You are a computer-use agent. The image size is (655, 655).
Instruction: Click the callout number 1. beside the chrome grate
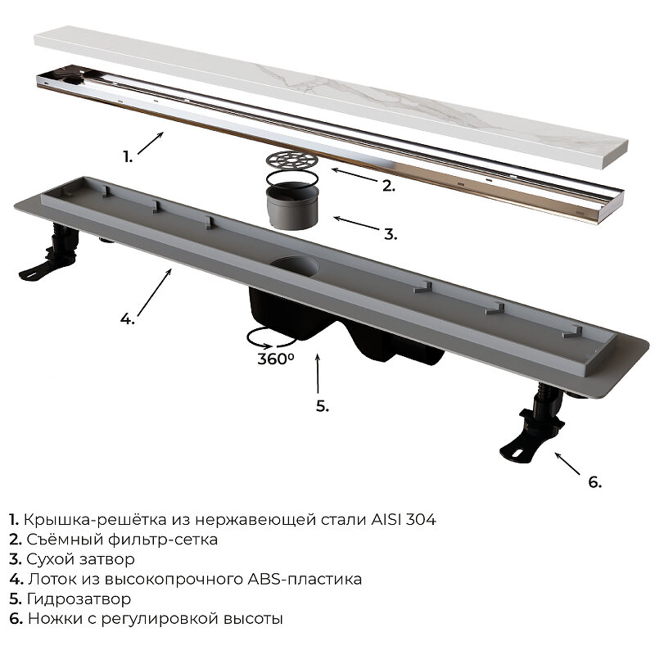click(x=128, y=157)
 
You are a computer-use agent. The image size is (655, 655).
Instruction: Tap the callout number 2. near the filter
click(x=388, y=187)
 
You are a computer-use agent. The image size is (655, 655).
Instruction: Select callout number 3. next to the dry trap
click(x=391, y=234)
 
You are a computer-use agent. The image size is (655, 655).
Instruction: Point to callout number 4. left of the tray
click(x=128, y=319)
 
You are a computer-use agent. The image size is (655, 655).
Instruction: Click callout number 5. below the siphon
click(x=322, y=406)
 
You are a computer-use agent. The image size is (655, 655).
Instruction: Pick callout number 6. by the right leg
click(x=595, y=482)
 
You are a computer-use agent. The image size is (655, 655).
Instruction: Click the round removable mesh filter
click(x=291, y=160)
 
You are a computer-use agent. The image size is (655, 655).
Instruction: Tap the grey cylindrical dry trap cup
click(x=292, y=206)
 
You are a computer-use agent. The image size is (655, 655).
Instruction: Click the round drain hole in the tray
click(x=294, y=266)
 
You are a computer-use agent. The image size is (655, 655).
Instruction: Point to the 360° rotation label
click(x=276, y=359)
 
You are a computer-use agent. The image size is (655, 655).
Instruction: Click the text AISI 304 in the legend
click(x=404, y=520)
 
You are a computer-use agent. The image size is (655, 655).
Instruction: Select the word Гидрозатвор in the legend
click(x=79, y=599)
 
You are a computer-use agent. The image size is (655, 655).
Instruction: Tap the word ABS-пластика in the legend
click(x=305, y=580)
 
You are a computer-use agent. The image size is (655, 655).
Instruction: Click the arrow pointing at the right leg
click(x=567, y=463)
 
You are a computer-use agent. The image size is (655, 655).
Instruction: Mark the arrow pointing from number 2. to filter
click(x=354, y=175)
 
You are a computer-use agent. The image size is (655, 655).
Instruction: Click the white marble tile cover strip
click(x=331, y=97)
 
